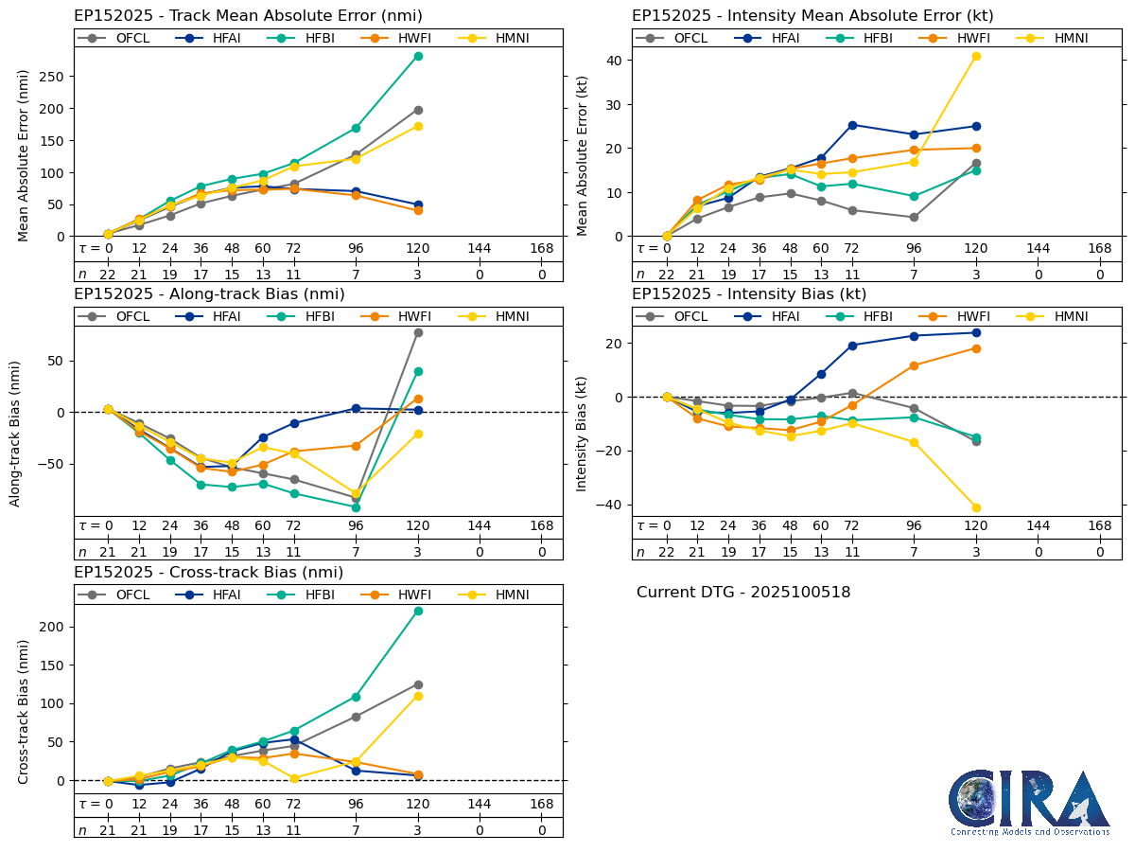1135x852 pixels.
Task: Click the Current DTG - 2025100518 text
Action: coord(743,593)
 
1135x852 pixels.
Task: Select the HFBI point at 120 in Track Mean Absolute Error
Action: coord(418,56)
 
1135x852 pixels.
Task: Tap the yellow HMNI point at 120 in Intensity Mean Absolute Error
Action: coord(976,56)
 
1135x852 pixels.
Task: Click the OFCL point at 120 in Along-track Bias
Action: coord(418,332)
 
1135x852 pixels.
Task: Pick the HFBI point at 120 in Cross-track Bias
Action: coord(418,611)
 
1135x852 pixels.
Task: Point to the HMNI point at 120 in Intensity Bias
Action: coord(976,507)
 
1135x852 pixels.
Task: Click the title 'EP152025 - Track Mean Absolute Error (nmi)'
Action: coord(248,16)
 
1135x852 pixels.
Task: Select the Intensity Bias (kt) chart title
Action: coord(749,294)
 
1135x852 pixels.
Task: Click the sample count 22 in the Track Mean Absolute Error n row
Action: coord(108,275)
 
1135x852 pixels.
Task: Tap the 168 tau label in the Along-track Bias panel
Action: coord(541,526)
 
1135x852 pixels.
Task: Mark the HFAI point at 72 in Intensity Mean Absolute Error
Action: coord(852,125)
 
